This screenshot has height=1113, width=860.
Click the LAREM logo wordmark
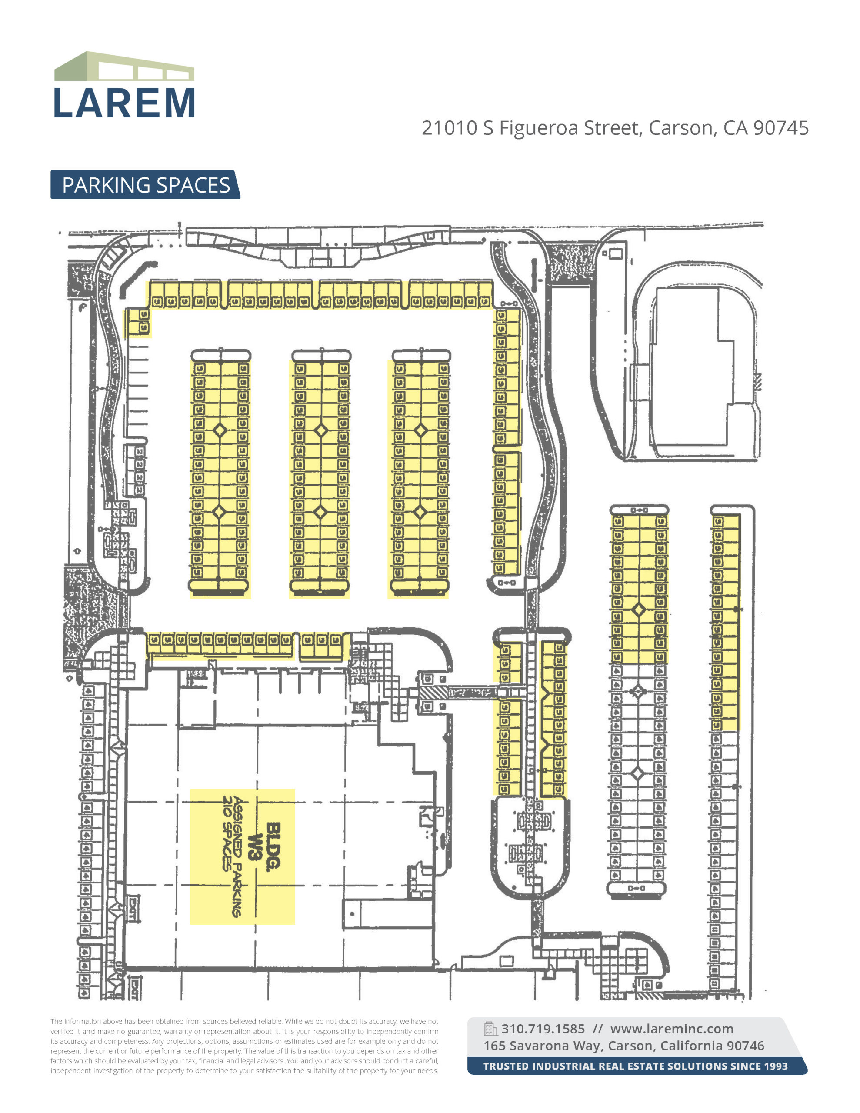(x=124, y=103)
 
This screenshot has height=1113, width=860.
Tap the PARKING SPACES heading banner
(x=146, y=185)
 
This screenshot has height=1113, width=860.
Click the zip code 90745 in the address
(x=780, y=128)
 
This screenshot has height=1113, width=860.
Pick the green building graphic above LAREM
(x=124, y=66)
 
